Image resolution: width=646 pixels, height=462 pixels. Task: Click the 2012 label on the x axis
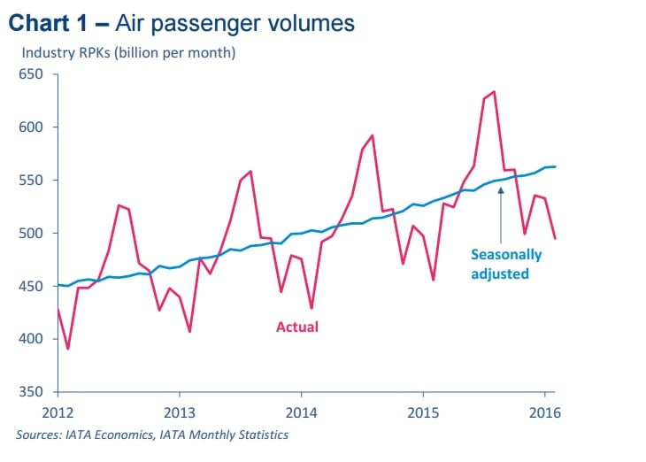coord(58,411)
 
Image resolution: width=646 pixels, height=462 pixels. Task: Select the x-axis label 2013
coord(180,411)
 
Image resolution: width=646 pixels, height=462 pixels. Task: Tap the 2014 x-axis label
coord(301,411)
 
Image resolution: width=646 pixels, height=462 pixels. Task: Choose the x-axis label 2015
coord(423,411)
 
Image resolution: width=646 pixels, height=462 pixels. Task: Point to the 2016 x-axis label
coord(544,411)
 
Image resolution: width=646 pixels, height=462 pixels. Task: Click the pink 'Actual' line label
coord(296,327)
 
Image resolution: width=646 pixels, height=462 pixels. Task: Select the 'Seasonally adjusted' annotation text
coord(505,265)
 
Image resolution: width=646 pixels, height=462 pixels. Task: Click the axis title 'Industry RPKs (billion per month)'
coord(128,53)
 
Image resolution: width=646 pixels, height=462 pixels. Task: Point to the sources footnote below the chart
coord(151,435)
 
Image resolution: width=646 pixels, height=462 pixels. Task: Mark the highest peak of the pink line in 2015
coord(494,91)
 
